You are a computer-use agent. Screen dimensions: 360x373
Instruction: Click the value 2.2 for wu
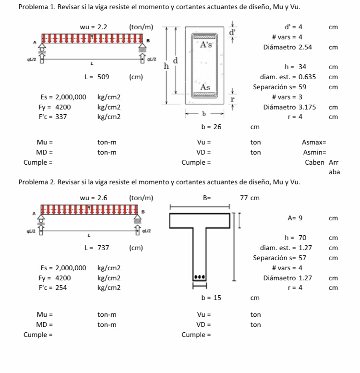(x=102, y=27)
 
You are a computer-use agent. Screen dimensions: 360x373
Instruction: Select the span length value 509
(x=103, y=77)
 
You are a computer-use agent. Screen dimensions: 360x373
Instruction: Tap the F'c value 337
(x=61, y=117)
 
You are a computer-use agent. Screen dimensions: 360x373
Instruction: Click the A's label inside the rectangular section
(x=206, y=45)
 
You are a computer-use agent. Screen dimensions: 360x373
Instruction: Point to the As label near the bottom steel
(x=205, y=87)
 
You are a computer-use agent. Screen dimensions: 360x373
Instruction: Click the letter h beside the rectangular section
(x=166, y=66)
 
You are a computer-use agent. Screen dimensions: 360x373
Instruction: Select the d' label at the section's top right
(x=232, y=32)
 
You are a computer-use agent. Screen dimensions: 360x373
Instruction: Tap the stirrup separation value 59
(x=302, y=87)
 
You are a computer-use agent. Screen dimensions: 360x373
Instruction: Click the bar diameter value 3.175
(x=307, y=107)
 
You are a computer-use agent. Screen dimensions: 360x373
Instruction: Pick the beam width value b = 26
(x=211, y=127)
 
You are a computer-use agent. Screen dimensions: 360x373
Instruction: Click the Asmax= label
(x=314, y=142)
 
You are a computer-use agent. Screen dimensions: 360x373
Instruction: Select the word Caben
(x=314, y=162)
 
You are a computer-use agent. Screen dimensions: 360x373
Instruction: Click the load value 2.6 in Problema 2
(x=102, y=198)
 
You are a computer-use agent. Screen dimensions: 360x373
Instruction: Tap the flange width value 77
(x=244, y=198)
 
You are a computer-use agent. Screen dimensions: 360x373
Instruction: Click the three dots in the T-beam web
(x=199, y=277)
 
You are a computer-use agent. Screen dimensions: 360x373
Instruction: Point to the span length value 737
(x=103, y=248)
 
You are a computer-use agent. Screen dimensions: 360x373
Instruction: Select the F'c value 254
(x=61, y=288)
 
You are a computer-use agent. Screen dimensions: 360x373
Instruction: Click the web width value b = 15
(x=211, y=298)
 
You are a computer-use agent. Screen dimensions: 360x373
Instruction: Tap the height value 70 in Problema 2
(x=302, y=238)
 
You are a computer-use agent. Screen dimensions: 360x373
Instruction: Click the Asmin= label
(x=314, y=153)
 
